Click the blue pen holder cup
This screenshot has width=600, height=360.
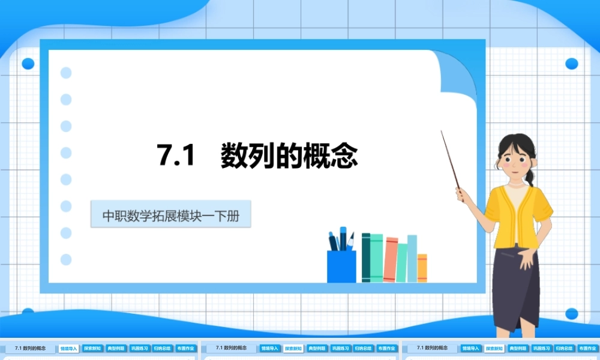(x=341, y=266)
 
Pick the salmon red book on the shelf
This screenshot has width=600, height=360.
(x=391, y=259)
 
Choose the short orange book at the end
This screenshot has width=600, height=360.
(x=422, y=268)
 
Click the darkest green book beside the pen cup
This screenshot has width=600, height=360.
(x=365, y=257)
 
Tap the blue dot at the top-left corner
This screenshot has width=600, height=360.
(x=28, y=64)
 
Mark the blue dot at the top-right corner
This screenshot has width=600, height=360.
(x=571, y=64)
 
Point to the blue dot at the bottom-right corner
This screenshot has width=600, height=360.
(x=571, y=313)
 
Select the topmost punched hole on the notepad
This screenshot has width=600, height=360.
(x=66, y=73)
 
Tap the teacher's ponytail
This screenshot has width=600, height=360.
(x=530, y=176)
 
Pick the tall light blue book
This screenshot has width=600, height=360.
(x=412, y=258)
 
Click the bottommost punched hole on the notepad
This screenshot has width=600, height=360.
(x=66, y=259)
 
